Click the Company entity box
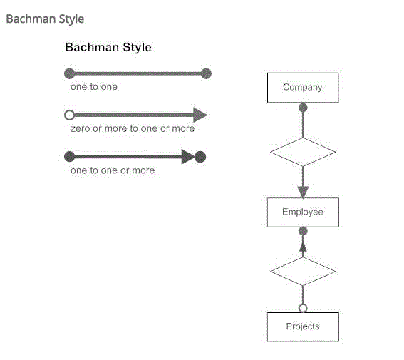[303, 88]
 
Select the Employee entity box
[303, 212]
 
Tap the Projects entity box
[303, 326]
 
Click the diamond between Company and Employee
[303, 152]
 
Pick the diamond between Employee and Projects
[303, 272]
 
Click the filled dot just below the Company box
[303, 108]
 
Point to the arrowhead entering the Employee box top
[303, 192]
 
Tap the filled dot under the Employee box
[303, 231]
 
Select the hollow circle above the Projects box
[303, 308]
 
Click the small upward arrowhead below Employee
[303, 247]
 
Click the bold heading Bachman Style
[108, 48]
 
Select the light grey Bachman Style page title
[45, 19]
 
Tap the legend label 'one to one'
[94, 87]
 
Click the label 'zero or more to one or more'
[133, 128]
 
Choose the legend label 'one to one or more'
[113, 170]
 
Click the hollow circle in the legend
[70, 115]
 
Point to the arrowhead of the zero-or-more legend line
[200, 115]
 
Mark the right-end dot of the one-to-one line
[206, 73]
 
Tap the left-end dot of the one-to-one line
[70, 73]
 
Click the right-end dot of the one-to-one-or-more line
[200, 157]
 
